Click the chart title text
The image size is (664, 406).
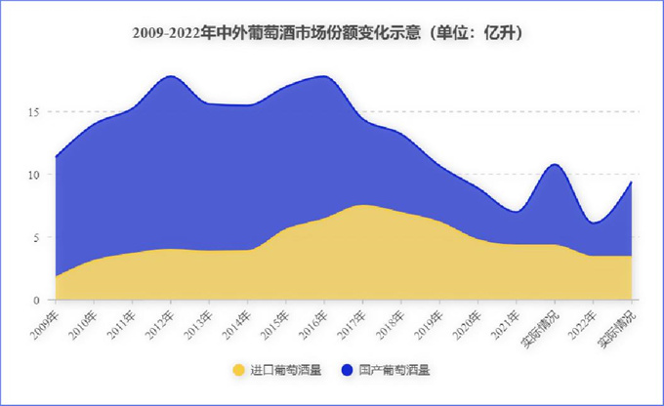point(329,33)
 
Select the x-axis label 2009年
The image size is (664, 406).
point(44,320)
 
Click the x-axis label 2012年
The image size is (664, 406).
point(159,320)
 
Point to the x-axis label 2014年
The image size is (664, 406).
point(236,320)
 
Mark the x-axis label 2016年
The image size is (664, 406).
point(312,320)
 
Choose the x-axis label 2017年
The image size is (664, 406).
point(352,320)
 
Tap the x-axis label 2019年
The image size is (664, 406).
point(428,320)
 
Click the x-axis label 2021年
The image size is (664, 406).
point(505,320)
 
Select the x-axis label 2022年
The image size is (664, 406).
point(582,320)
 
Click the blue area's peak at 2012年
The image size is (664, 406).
point(171,76)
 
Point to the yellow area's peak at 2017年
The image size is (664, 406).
point(362,205)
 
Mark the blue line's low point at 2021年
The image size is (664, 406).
point(516,212)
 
